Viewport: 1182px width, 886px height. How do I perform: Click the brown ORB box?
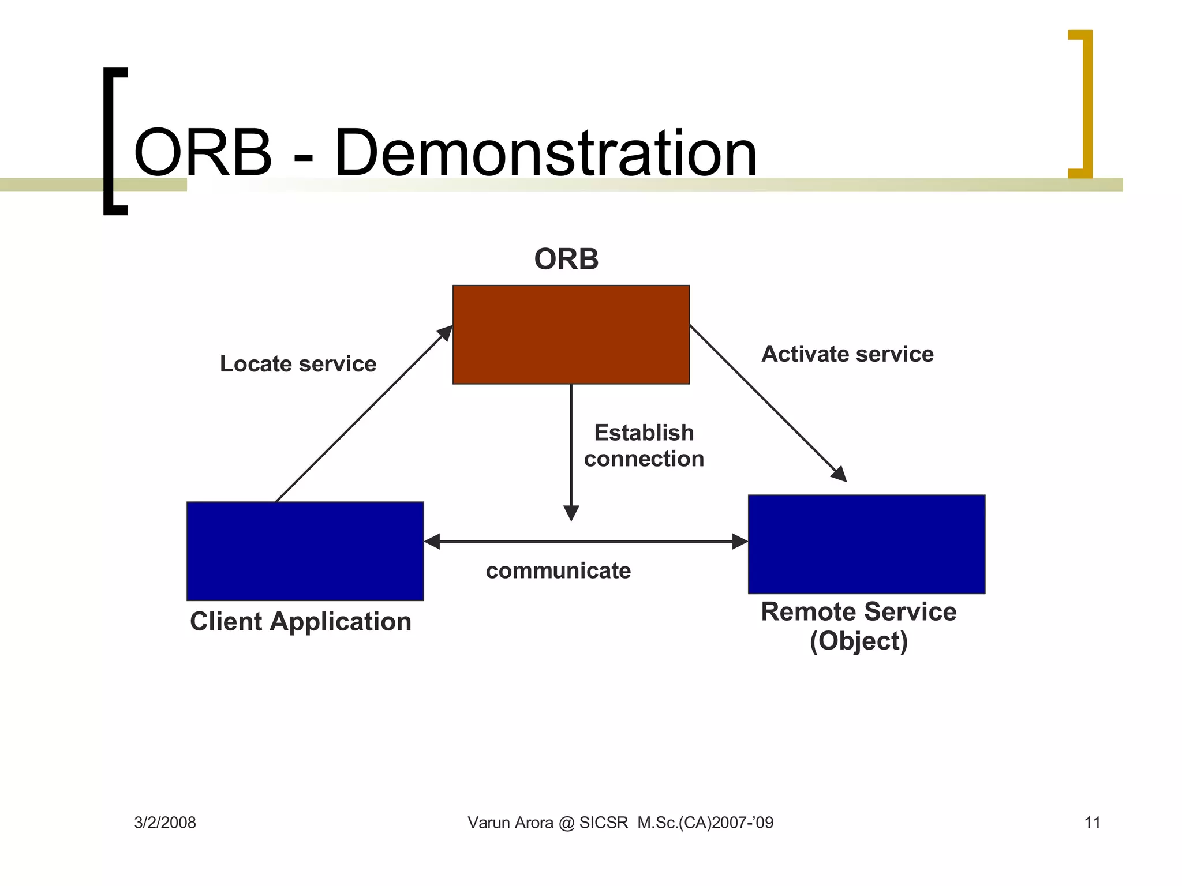(x=571, y=335)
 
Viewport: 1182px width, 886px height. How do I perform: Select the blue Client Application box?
(x=305, y=551)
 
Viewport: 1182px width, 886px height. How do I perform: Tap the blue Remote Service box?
(x=866, y=544)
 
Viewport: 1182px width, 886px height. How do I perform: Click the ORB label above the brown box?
(x=566, y=259)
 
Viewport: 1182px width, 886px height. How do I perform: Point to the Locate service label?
(x=298, y=364)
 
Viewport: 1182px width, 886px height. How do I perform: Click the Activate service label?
(x=847, y=354)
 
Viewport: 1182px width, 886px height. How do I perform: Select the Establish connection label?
(x=644, y=445)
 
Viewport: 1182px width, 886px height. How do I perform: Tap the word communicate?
(x=558, y=570)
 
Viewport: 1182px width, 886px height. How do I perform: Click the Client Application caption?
(x=300, y=622)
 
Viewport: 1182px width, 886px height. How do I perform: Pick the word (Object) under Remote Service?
(x=858, y=641)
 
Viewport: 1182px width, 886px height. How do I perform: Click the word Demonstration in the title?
(x=545, y=153)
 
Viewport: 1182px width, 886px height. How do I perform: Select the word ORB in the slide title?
(x=203, y=153)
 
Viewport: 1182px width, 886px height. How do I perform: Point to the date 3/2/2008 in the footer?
(x=165, y=823)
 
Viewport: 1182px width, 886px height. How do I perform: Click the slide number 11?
(x=1092, y=823)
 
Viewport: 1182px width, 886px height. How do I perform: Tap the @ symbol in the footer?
(x=566, y=823)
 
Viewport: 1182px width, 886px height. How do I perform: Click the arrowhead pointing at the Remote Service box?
(x=840, y=474)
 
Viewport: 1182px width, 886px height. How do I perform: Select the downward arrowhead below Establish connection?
(x=571, y=513)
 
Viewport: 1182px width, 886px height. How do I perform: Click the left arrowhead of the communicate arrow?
(x=432, y=542)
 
